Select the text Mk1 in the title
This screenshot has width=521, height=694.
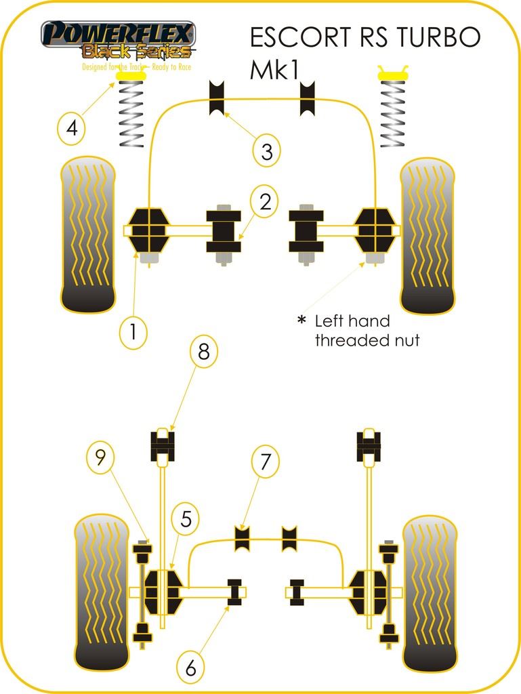tap(274, 70)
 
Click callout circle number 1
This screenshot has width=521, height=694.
tap(133, 331)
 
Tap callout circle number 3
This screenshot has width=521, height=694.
tap(267, 152)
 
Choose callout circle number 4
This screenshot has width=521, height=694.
tap(71, 127)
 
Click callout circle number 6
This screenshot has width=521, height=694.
tap(190, 668)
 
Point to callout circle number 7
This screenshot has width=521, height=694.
tap(265, 462)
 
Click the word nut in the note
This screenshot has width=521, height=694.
tap(404, 340)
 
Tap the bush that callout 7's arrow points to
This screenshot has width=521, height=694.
tap(242, 539)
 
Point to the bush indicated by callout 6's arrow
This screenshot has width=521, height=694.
tap(235, 592)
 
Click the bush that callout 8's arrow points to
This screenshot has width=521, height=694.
tap(163, 445)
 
